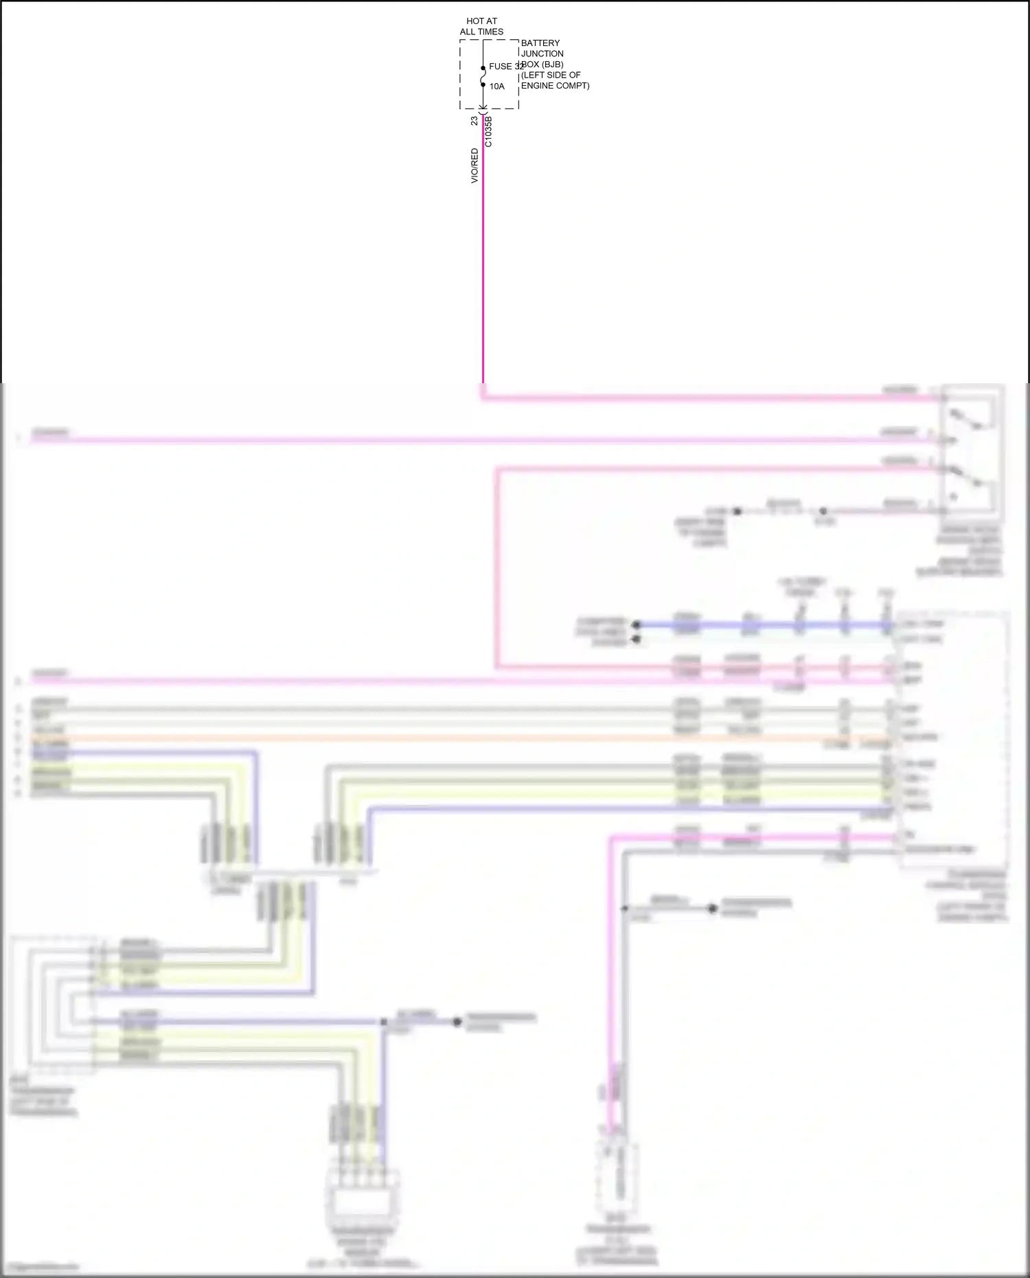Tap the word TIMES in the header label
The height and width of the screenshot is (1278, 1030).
click(491, 32)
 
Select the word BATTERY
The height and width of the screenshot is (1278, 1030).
click(540, 43)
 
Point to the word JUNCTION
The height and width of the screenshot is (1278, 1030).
click(542, 54)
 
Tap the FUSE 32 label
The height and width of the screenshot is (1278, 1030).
click(507, 67)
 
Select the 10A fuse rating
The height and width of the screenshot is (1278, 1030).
click(497, 87)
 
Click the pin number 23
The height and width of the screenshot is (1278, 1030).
click(474, 121)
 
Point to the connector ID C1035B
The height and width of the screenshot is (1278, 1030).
click(488, 131)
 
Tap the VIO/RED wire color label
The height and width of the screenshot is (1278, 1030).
click(474, 166)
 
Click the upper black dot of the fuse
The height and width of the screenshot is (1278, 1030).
click(483, 68)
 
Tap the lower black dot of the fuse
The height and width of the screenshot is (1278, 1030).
click(483, 85)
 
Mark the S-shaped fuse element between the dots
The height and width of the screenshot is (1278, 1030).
click(483, 76)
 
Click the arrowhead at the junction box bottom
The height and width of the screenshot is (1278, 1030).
click(483, 107)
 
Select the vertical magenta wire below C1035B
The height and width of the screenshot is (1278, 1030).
click(483, 275)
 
